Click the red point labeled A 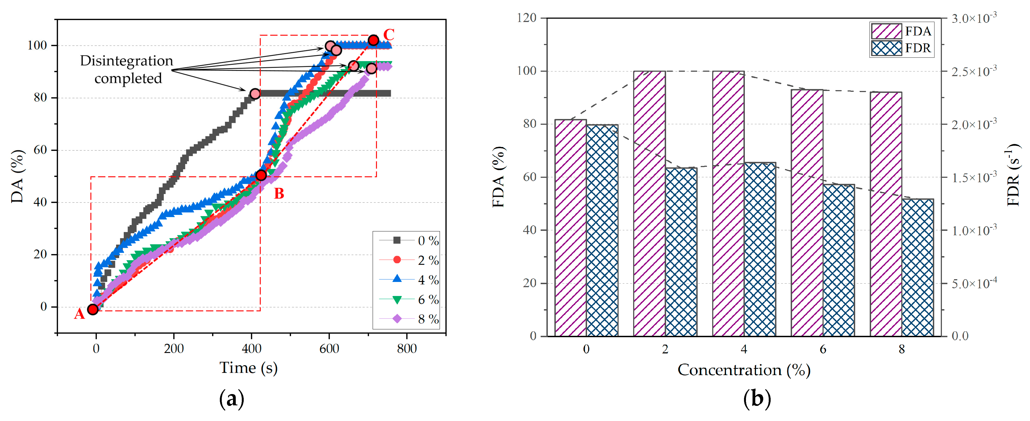[92, 309]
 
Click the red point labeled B [261, 175]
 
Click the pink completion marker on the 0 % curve [255, 94]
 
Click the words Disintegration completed [127, 69]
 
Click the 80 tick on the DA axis [40, 98]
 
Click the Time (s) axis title [248, 368]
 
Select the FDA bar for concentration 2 [649, 203]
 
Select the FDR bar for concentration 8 [918, 267]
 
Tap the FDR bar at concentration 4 [760, 249]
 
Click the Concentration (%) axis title [744, 370]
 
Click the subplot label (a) [232, 399]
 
